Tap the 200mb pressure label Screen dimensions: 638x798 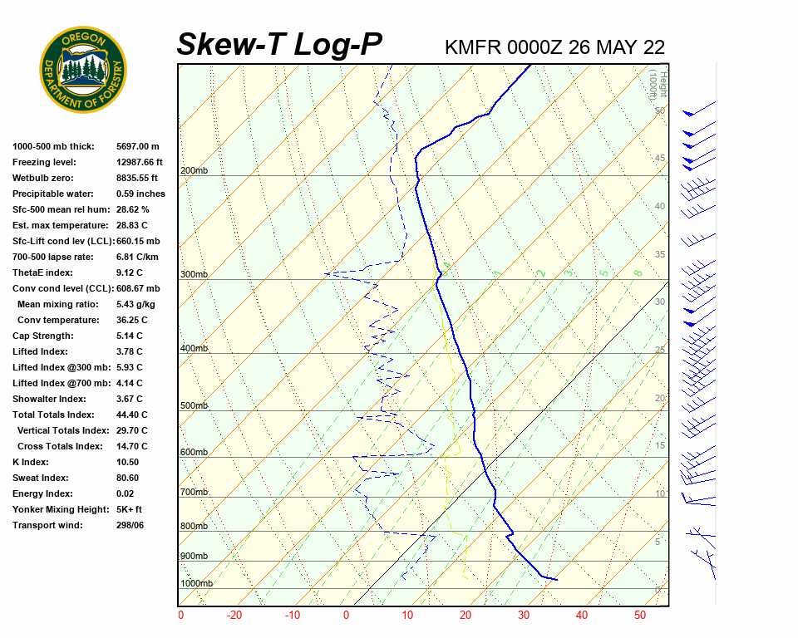pos(194,171)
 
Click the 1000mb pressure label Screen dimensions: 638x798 pos(196,584)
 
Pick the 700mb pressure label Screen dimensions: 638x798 pos(194,493)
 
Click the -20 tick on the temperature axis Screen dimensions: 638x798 pos(234,616)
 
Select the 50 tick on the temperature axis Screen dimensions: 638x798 pos(640,616)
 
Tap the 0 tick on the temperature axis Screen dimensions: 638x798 pos(347,616)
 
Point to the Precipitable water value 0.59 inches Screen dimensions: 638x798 pos(140,194)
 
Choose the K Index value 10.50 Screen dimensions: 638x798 pos(128,462)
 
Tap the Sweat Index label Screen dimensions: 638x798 pos(41,478)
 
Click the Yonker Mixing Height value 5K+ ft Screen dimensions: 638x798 pos(130,509)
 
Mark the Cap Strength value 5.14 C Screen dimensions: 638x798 pos(130,336)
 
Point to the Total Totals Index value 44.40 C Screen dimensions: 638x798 pos(132,415)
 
